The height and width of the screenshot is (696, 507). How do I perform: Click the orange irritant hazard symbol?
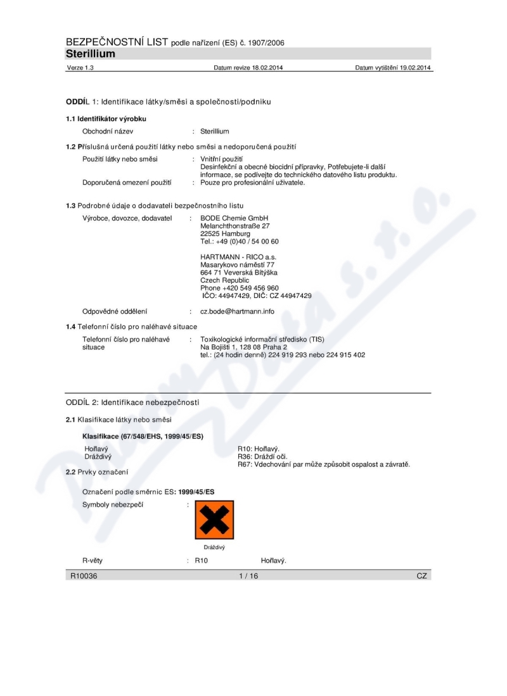tap(214, 520)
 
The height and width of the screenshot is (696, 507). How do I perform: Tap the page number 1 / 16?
tap(248, 576)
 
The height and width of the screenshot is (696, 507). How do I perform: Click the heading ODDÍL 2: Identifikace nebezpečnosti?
tap(132, 402)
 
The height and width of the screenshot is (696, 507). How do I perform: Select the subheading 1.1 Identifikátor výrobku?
tap(106, 119)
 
